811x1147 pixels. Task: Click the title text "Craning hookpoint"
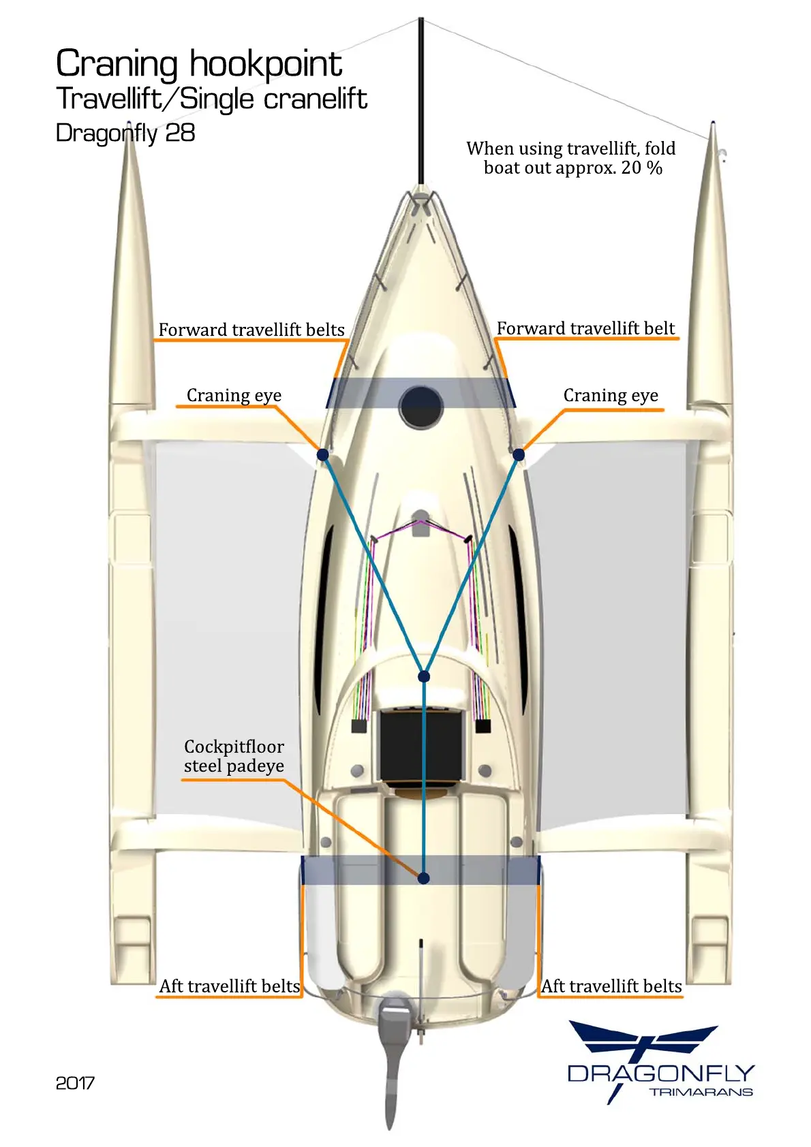[x=198, y=65]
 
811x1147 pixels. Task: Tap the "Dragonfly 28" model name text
[x=125, y=133]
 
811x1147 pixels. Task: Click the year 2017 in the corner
[x=75, y=1083]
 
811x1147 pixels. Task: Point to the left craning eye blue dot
[x=323, y=454]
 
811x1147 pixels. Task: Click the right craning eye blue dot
[x=519, y=454]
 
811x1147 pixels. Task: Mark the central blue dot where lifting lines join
[x=424, y=676]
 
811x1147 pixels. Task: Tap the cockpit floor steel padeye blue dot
[x=423, y=878]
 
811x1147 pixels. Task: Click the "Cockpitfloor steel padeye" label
[x=234, y=756]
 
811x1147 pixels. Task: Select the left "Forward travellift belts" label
[x=251, y=330]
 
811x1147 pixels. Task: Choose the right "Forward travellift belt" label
[x=585, y=328]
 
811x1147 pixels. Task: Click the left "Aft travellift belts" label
[x=230, y=986]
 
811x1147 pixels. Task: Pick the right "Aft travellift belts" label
[x=611, y=986]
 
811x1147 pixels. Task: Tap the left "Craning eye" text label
[x=234, y=396]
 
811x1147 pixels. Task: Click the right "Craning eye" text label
[x=611, y=396]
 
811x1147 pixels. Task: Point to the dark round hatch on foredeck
[x=420, y=407]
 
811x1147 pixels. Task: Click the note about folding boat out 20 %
[x=572, y=158]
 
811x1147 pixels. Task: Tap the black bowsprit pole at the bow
[x=421, y=102]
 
